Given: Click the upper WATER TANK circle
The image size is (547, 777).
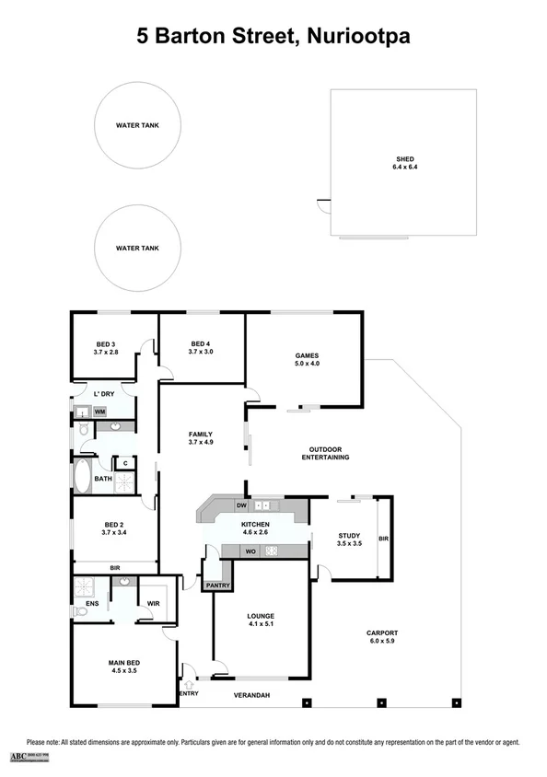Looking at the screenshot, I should coord(137,124).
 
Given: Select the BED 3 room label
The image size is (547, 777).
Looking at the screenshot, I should coord(107,347).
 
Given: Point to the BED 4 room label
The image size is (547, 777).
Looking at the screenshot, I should coord(201,347).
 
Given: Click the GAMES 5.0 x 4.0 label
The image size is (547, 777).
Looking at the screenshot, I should coord(306,359).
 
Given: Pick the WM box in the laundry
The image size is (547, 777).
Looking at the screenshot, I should coord(99,412).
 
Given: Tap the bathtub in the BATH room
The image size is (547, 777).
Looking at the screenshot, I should coord(82,476).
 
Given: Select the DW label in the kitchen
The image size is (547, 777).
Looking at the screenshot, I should coord(240,505).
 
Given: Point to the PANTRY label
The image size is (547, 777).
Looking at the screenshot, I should coord(217,585).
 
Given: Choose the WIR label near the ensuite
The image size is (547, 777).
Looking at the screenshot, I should coord(155,603).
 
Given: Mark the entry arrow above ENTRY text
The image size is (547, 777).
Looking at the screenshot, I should coord(190,684).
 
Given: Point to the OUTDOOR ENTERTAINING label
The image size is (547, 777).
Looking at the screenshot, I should coord(328,454).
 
